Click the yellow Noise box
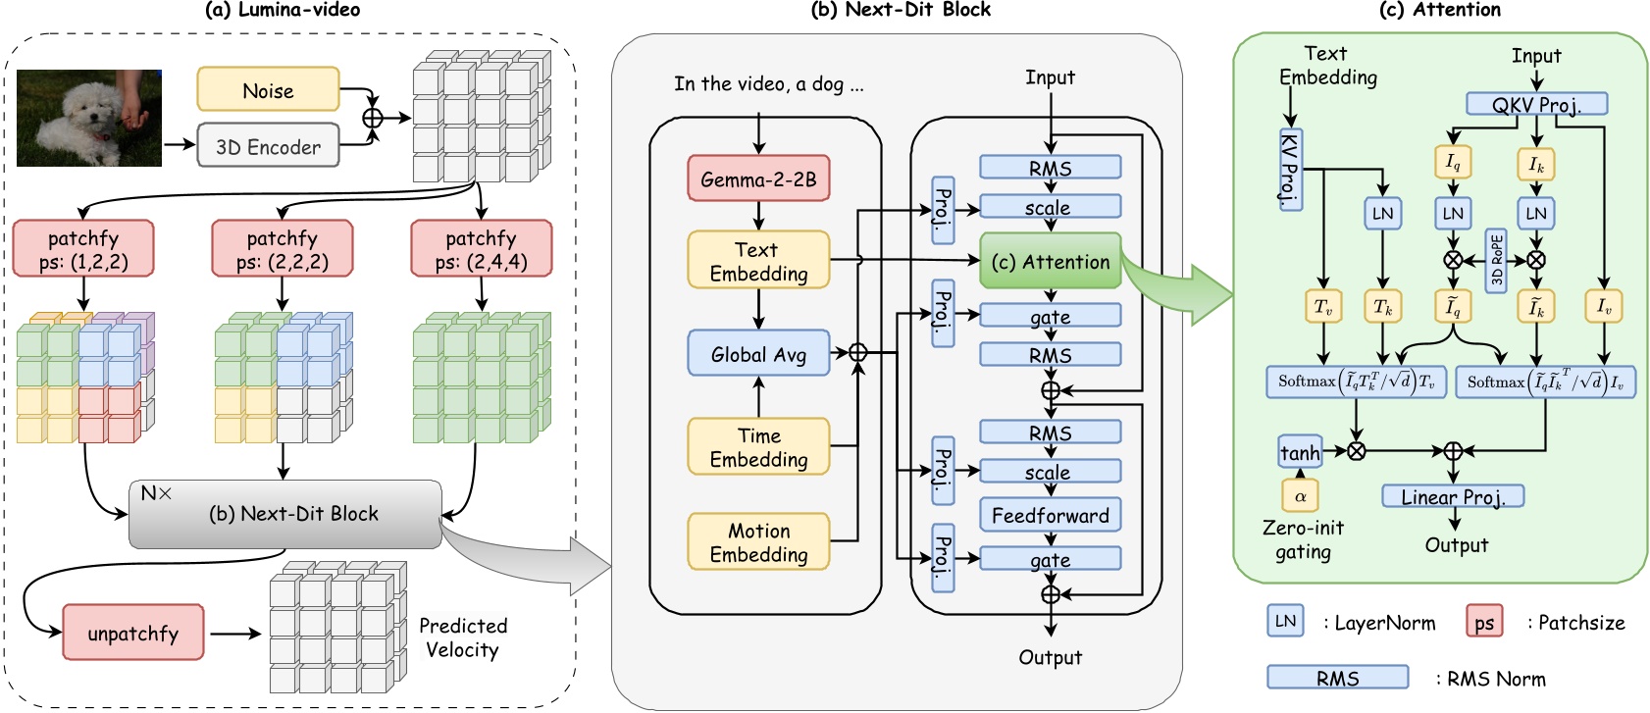click(268, 90)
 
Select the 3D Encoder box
click(268, 146)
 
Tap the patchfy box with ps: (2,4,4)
click(481, 249)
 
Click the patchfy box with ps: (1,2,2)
click(83, 249)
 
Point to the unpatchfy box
click(133, 633)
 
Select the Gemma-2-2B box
click(758, 179)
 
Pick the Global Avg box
click(758, 354)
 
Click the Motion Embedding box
click(758, 541)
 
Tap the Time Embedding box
click(758, 447)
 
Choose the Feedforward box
click(1050, 515)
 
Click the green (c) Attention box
click(1050, 261)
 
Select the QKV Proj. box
click(1536, 104)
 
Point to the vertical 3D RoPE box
click(1496, 262)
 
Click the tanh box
click(1300, 452)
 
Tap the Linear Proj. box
click(1453, 496)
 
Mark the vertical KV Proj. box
click(1290, 170)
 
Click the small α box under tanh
click(1300, 495)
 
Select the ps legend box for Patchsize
click(1484, 622)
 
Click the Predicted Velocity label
click(462, 637)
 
